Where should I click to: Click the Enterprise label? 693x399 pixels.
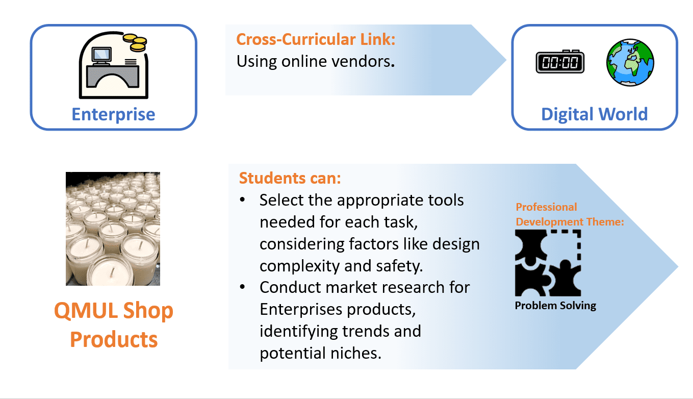pyautogui.click(x=113, y=114)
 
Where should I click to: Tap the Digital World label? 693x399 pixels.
pyautogui.click(x=594, y=114)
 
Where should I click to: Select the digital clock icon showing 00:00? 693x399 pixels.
pyautogui.click(x=560, y=62)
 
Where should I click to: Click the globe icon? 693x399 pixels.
pyautogui.click(x=630, y=62)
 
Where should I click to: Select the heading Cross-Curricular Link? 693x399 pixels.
pyautogui.click(x=316, y=40)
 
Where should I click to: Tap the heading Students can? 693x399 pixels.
pyautogui.click(x=290, y=178)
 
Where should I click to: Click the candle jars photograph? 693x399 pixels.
pyautogui.click(x=113, y=229)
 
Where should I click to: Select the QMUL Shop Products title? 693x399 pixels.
pyautogui.click(x=114, y=325)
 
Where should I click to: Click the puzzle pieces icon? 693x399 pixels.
pyautogui.click(x=548, y=263)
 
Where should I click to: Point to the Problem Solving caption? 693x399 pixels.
pyautogui.click(x=555, y=306)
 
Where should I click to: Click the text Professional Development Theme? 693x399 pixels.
pyautogui.click(x=570, y=214)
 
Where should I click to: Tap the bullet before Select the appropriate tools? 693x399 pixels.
pyautogui.click(x=242, y=200)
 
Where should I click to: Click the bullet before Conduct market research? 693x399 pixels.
pyautogui.click(x=242, y=287)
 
